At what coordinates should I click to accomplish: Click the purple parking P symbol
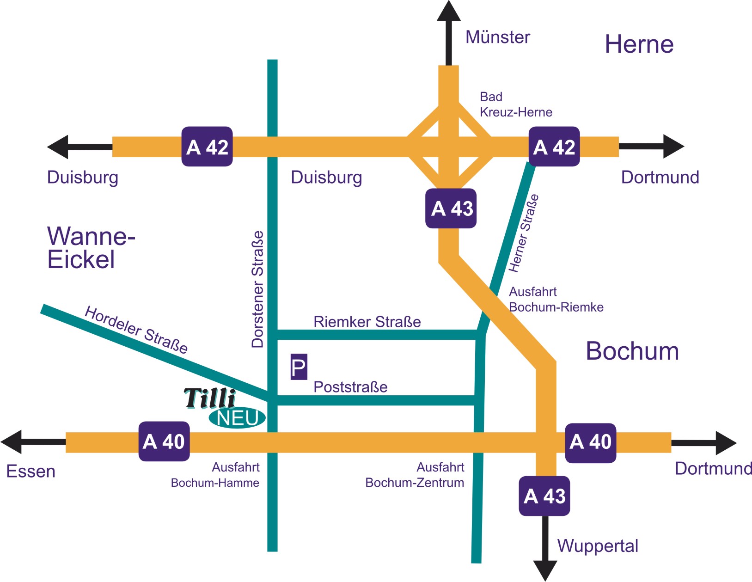(299, 367)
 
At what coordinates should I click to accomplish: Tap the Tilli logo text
(210, 398)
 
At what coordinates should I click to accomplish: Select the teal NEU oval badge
(237, 418)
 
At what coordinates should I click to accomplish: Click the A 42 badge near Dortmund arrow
(554, 147)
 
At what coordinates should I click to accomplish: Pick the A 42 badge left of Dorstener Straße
(207, 147)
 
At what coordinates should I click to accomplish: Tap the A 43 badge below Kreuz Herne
(451, 208)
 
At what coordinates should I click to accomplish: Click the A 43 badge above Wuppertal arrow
(544, 496)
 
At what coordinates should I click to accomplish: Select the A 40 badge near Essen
(164, 441)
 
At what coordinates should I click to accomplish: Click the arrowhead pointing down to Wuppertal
(545, 570)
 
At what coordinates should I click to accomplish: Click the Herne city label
(639, 44)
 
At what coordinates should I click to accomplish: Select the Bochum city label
(632, 351)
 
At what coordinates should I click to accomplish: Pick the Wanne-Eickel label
(91, 248)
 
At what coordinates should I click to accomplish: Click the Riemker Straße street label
(367, 322)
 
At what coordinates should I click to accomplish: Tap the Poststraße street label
(350, 387)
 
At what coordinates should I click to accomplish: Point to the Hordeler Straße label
(136, 330)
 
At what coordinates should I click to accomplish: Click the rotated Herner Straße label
(523, 233)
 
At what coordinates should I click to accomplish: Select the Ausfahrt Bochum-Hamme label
(215, 475)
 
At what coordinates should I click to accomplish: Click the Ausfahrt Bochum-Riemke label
(556, 300)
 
